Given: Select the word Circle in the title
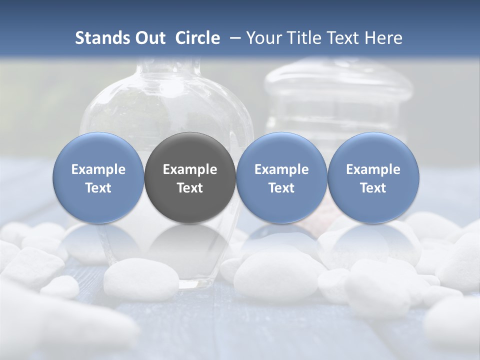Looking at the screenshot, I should [197, 38].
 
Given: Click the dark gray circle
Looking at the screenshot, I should [190, 177].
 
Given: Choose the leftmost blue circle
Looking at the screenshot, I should [98, 177].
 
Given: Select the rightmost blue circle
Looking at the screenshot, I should [373, 177].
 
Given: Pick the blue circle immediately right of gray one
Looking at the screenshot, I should [281, 177].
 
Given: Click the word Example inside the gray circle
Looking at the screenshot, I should [190, 169].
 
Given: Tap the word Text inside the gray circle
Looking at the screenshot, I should [190, 188].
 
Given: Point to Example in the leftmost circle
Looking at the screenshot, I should [98, 169].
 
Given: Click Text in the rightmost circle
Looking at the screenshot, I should [373, 188].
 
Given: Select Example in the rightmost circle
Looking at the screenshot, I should [373, 169].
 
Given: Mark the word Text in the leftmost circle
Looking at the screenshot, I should [98, 188].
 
